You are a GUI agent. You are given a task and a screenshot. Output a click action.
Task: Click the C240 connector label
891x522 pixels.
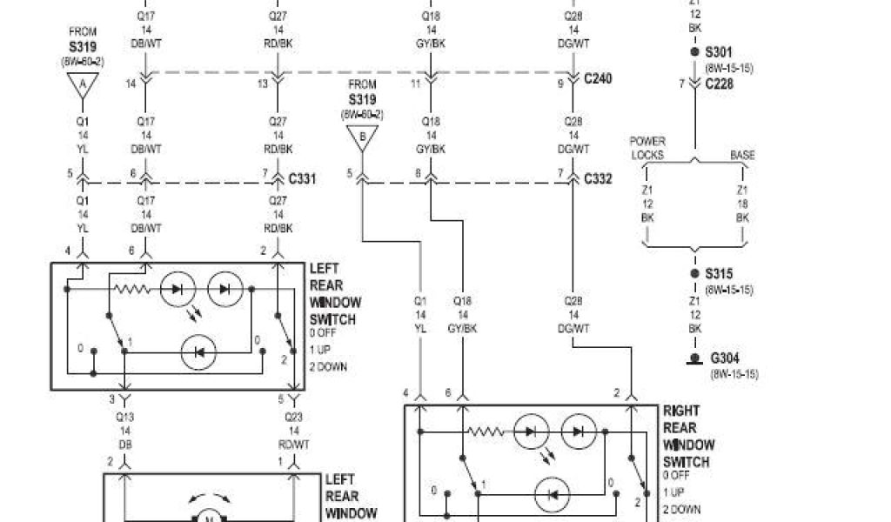click(x=598, y=79)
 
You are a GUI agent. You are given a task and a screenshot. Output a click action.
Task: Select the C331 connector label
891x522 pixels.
click(x=302, y=179)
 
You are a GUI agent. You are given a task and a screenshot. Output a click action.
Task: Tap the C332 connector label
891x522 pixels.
click(x=598, y=179)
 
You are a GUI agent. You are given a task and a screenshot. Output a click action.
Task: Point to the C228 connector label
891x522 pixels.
click(x=720, y=84)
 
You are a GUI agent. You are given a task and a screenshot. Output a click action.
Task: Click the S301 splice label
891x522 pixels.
click(x=719, y=52)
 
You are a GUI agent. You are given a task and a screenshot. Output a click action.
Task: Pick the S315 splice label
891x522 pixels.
click(x=719, y=274)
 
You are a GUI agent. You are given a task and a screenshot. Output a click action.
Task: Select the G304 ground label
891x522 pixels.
click(x=726, y=358)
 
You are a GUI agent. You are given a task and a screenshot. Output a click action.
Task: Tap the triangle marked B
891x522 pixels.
click(x=362, y=137)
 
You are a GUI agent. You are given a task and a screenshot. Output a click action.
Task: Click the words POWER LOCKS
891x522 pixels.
click(x=646, y=148)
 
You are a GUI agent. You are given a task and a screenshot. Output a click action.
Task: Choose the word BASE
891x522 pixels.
click(x=742, y=155)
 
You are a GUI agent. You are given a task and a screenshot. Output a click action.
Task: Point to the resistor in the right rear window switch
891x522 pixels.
click(x=487, y=430)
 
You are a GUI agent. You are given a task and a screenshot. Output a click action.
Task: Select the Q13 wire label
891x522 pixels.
click(x=124, y=417)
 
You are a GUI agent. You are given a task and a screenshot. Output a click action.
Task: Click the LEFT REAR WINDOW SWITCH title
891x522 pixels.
click(x=334, y=294)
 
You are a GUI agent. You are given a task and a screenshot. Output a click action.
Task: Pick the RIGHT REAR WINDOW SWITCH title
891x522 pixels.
click(x=687, y=436)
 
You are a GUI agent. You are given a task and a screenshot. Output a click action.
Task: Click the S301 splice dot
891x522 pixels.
click(x=693, y=52)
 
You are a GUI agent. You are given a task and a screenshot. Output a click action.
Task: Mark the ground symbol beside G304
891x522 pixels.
click(x=693, y=358)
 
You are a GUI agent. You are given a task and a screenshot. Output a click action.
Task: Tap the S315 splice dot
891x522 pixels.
click(x=693, y=274)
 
